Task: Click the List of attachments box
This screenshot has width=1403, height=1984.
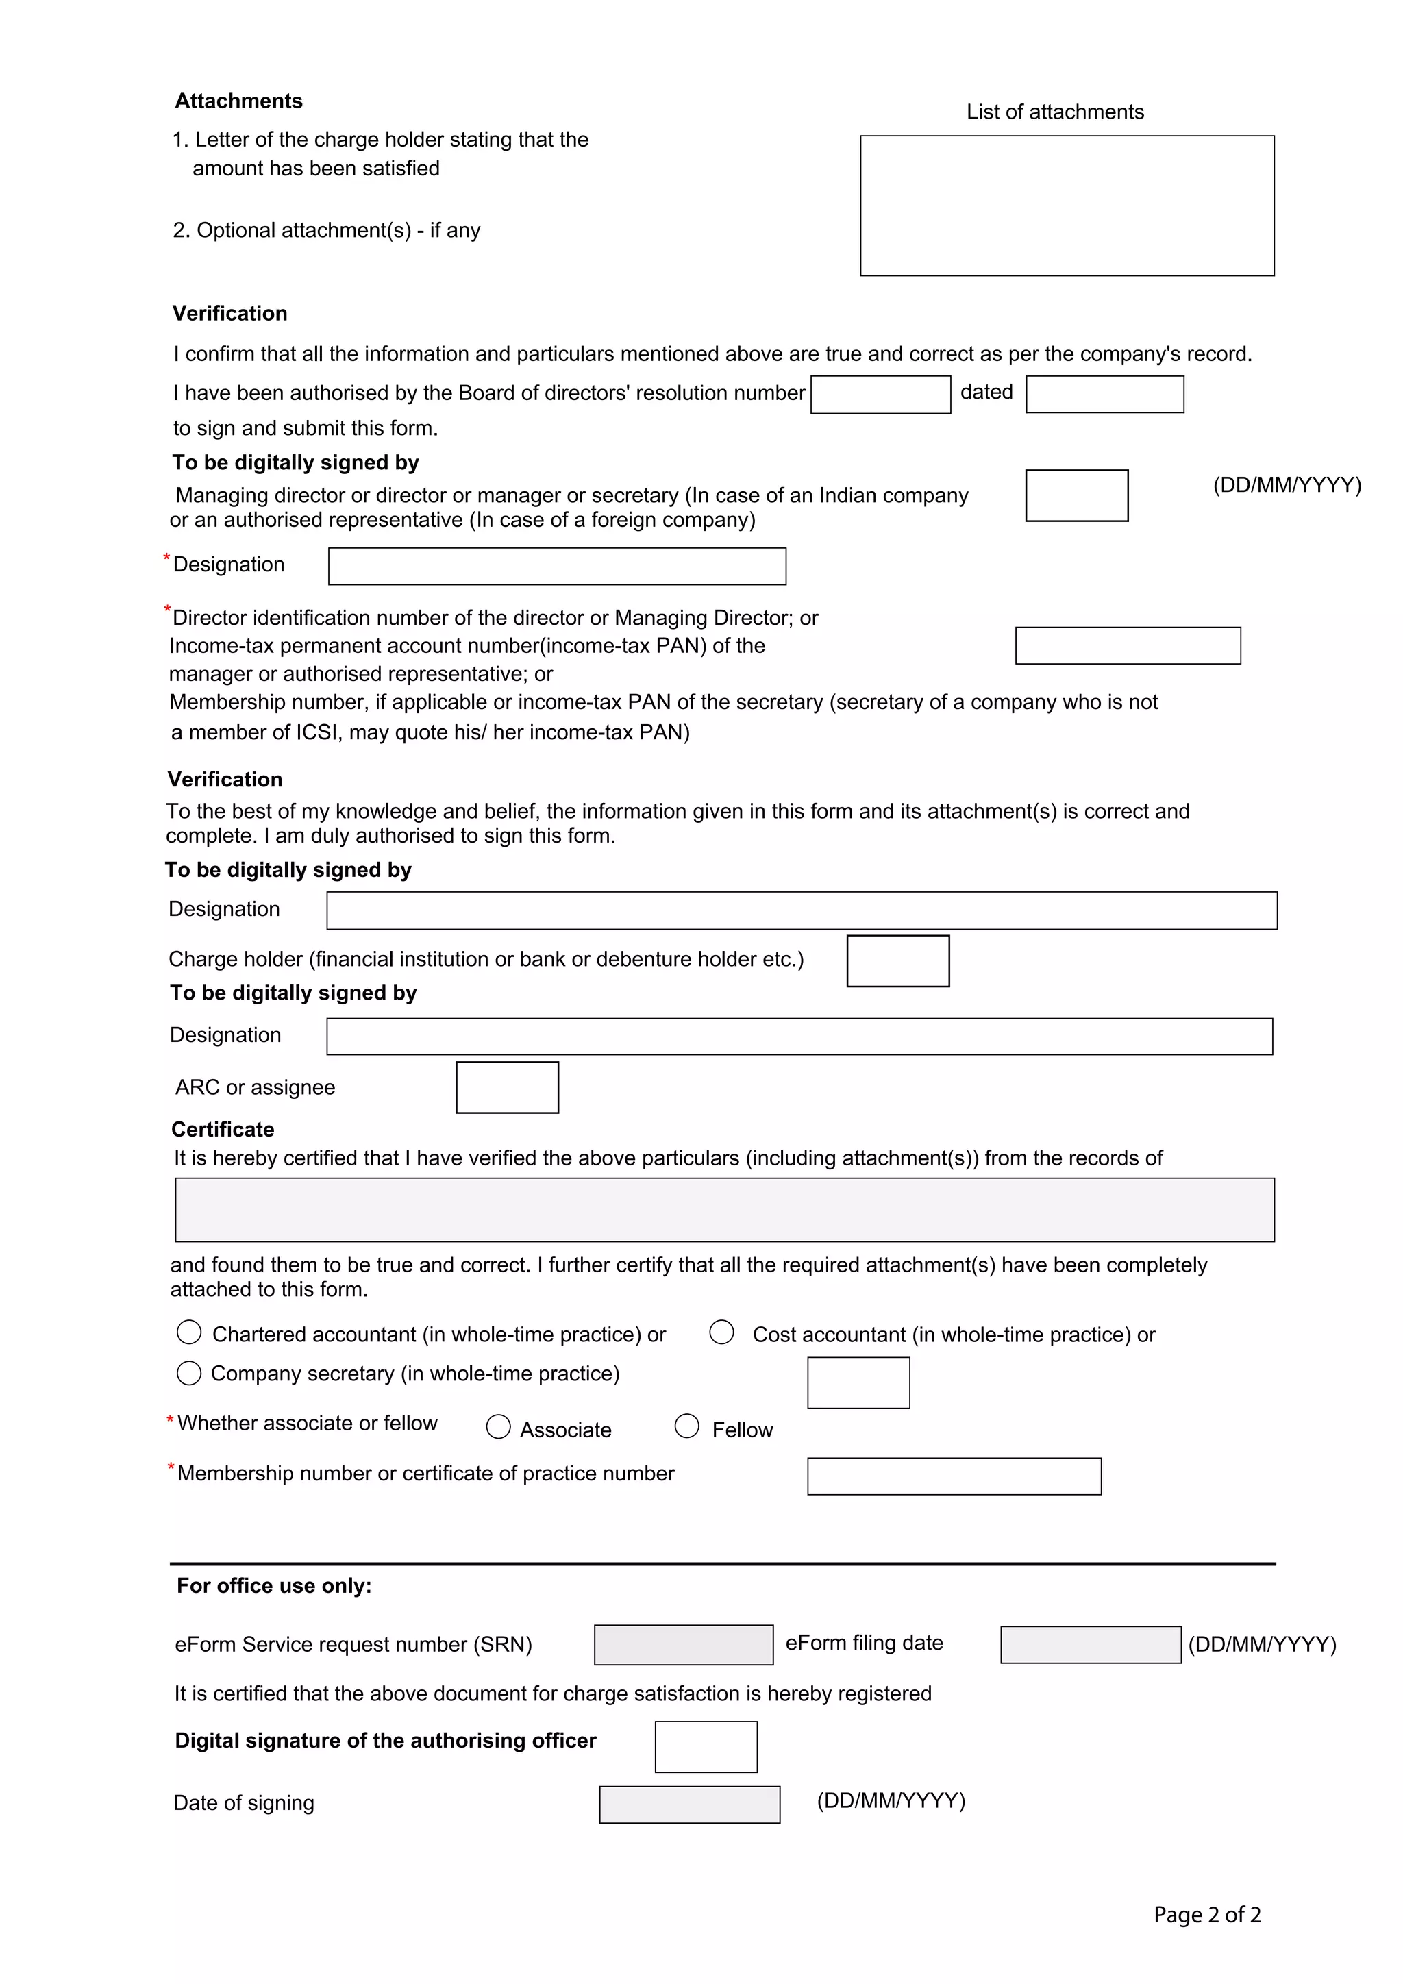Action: [x=1066, y=206]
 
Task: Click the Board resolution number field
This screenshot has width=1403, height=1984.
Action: [x=880, y=394]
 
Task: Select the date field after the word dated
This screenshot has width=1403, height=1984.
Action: [x=1104, y=394]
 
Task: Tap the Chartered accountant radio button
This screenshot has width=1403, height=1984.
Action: [x=189, y=1332]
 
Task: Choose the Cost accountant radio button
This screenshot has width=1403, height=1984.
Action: [x=721, y=1332]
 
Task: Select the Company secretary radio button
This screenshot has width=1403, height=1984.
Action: [x=189, y=1373]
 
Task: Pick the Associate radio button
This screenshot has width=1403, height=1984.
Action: [x=499, y=1426]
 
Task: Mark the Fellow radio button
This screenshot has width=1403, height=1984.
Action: [x=687, y=1426]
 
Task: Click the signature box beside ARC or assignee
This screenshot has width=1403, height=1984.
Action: [x=507, y=1087]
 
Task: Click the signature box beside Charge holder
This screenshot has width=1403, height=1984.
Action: [x=897, y=961]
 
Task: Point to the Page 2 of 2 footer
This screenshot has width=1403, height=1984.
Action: [x=1207, y=1915]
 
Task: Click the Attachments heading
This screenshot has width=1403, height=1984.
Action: [x=238, y=101]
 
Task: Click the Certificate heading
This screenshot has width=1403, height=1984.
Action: [x=223, y=1130]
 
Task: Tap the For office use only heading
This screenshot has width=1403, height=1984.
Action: [x=274, y=1586]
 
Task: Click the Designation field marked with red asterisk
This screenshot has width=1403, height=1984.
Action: [x=556, y=566]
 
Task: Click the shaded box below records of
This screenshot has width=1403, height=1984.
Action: [x=724, y=1210]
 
